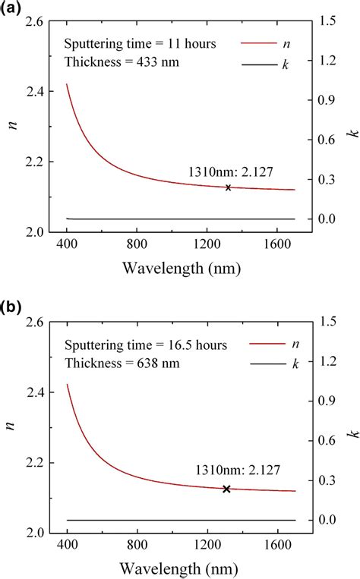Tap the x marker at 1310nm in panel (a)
(x=228, y=187)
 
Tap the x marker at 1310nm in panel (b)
(x=226, y=489)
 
